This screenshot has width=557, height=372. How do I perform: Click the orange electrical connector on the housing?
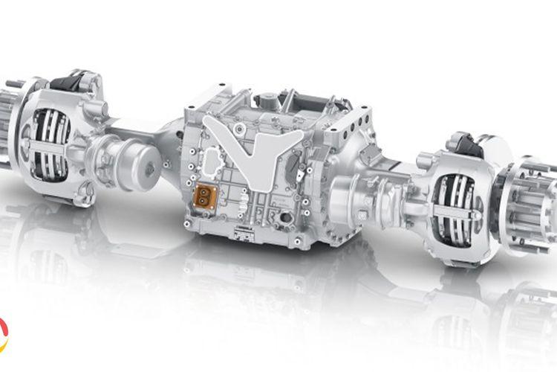pyautogui.click(x=203, y=197)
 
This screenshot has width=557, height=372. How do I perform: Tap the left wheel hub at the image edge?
pyautogui.click(x=9, y=119)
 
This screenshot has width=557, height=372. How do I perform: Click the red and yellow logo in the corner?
pyautogui.click(x=4, y=334)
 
